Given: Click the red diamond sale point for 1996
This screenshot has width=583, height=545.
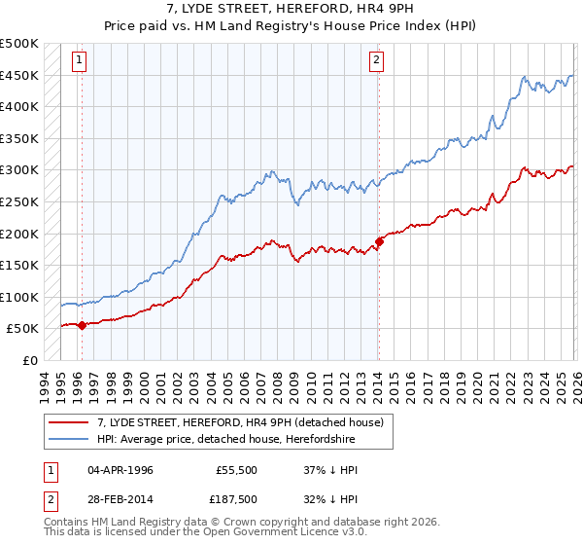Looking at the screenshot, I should [82, 325].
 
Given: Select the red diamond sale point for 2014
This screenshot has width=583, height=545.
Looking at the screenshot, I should [379, 241].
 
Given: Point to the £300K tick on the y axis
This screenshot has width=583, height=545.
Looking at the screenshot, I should [21, 170].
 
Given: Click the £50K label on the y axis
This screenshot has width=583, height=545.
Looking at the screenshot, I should [24, 329].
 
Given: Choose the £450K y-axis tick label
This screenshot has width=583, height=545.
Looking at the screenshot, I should [21, 75].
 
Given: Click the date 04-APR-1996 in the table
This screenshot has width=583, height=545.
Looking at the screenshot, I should [120, 469].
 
